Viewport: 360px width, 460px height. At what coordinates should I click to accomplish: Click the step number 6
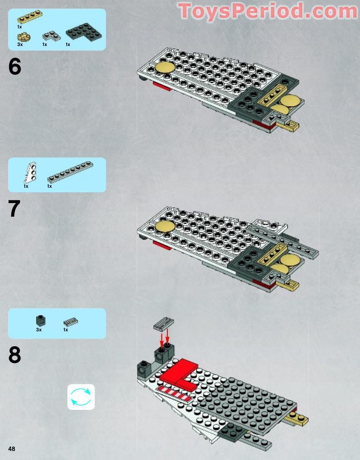pos(15,67)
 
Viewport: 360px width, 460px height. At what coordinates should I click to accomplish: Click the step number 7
pos(15,209)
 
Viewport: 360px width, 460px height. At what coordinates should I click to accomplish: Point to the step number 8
pos(15,356)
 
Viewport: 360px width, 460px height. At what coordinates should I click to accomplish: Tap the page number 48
pos(11,448)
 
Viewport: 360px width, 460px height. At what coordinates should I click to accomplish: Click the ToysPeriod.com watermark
pos(268,12)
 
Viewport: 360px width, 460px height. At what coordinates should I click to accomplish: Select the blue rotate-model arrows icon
pos(81,397)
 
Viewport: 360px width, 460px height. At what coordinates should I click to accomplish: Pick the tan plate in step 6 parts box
pos(29,17)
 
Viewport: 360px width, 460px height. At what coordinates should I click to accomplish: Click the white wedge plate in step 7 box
pos(30,172)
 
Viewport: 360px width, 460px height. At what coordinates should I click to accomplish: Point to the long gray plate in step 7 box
pos(70,172)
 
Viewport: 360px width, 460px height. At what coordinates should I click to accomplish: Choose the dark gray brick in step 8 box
pos(40,320)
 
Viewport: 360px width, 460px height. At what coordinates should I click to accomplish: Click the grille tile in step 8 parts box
pos(70,321)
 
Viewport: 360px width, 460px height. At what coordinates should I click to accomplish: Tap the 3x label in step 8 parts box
pos(39,330)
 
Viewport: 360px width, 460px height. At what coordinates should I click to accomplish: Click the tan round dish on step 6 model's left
pos(165,68)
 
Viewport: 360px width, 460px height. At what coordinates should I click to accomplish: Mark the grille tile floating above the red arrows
pos(164,323)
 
